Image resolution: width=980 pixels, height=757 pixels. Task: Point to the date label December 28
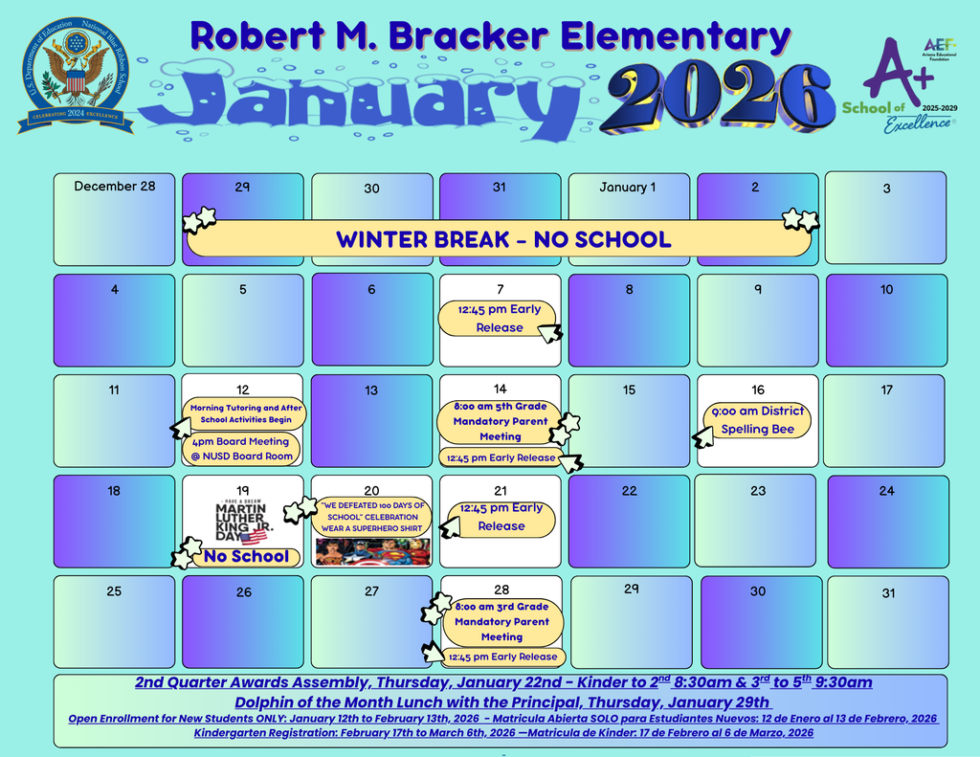pos(114,186)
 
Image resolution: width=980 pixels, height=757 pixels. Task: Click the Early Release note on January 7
pos(499,319)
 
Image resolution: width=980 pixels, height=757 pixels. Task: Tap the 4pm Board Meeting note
pos(241,449)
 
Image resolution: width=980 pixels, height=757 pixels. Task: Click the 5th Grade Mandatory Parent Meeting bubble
pos(500,421)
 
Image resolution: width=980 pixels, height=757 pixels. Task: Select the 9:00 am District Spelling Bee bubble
pos(757,420)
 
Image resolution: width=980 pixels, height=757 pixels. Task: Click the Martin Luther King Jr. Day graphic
pos(241,517)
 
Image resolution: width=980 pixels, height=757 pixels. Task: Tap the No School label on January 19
pos(245,557)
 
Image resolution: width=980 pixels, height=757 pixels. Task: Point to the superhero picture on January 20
pos(373,552)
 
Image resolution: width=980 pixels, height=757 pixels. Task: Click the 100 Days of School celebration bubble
pos(372,517)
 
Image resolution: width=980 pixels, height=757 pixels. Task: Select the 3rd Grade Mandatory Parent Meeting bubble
pos(501,621)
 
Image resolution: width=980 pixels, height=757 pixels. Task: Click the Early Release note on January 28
pos(502,657)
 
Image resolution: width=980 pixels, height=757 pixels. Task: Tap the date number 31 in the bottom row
pos(888,593)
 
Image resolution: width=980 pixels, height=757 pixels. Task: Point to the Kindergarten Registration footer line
pos(502,733)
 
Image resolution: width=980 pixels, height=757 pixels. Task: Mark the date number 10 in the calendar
pos(886,290)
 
